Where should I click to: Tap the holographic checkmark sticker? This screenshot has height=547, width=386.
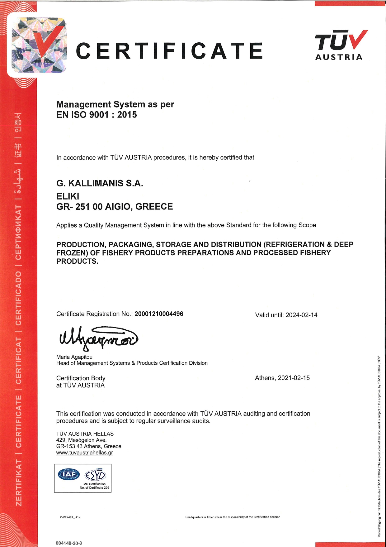39,45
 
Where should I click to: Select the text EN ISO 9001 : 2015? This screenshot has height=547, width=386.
96,115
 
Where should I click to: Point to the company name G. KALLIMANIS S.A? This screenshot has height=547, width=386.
100,183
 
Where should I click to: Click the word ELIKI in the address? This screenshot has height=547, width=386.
68,196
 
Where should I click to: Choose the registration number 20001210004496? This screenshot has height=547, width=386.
159,314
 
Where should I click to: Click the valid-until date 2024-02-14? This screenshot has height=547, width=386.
301,315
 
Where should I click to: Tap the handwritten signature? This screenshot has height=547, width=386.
98,338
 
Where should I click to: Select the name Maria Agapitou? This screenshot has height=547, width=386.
74,357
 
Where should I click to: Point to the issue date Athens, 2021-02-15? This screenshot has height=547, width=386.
282,378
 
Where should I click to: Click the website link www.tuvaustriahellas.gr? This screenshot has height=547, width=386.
84,453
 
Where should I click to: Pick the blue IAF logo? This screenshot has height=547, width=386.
69,474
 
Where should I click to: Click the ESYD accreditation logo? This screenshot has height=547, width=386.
96,475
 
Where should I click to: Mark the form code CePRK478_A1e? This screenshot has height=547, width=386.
70,517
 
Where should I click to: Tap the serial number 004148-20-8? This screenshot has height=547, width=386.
69,543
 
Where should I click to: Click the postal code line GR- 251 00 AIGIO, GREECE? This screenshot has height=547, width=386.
114,207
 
